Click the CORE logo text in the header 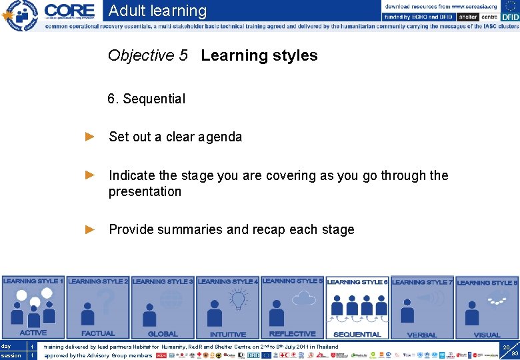[70, 11]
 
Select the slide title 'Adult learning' [157, 11]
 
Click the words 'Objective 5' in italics [148, 55]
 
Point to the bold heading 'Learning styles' [259, 55]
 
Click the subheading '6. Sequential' [147, 99]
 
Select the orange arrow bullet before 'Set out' [91, 137]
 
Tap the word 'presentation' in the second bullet [145, 191]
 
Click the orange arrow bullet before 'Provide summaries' [91, 229]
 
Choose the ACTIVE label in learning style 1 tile [33, 333]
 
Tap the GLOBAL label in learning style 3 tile [163, 334]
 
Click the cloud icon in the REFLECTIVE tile [305, 297]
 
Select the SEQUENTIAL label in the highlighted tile [357, 334]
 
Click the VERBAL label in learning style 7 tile [422, 335]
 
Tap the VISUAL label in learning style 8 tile [487, 335]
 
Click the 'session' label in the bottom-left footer [11, 355]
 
